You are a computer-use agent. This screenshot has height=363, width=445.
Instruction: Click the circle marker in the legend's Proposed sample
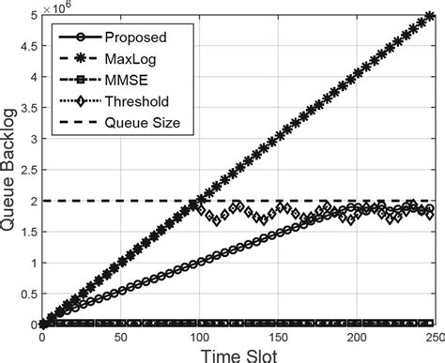tap(73, 38)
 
